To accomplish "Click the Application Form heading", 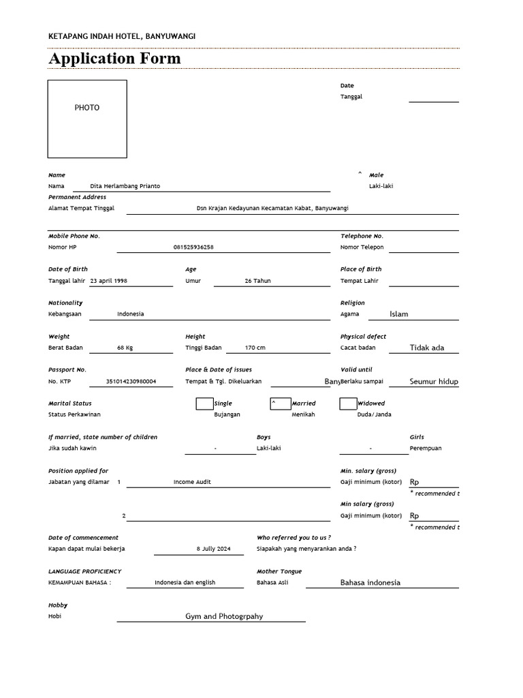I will (x=114, y=59).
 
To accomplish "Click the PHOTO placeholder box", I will (x=87, y=119).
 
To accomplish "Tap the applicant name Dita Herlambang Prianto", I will (x=126, y=186).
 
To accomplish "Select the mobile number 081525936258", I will (x=193, y=247).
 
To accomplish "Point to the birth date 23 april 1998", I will (x=108, y=281).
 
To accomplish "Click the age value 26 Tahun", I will (x=257, y=281).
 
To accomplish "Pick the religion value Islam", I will (x=399, y=314).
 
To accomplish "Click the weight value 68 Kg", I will (x=125, y=348).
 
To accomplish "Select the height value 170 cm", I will (x=255, y=348).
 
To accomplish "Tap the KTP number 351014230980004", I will (x=131, y=382).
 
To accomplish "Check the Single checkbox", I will (x=204, y=404).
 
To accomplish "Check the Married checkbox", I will (x=279, y=404).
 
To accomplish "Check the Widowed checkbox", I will (x=348, y=404).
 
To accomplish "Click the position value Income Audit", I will (x=192, y=482).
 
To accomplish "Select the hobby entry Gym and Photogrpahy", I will (x=224, y=616).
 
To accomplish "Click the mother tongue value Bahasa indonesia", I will (x=370, y=583).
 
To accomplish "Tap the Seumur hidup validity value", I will (x=434, y=382).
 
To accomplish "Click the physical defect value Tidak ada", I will (x=427, y=348).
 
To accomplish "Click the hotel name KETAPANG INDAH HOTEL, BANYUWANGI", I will (x=122, y=36).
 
